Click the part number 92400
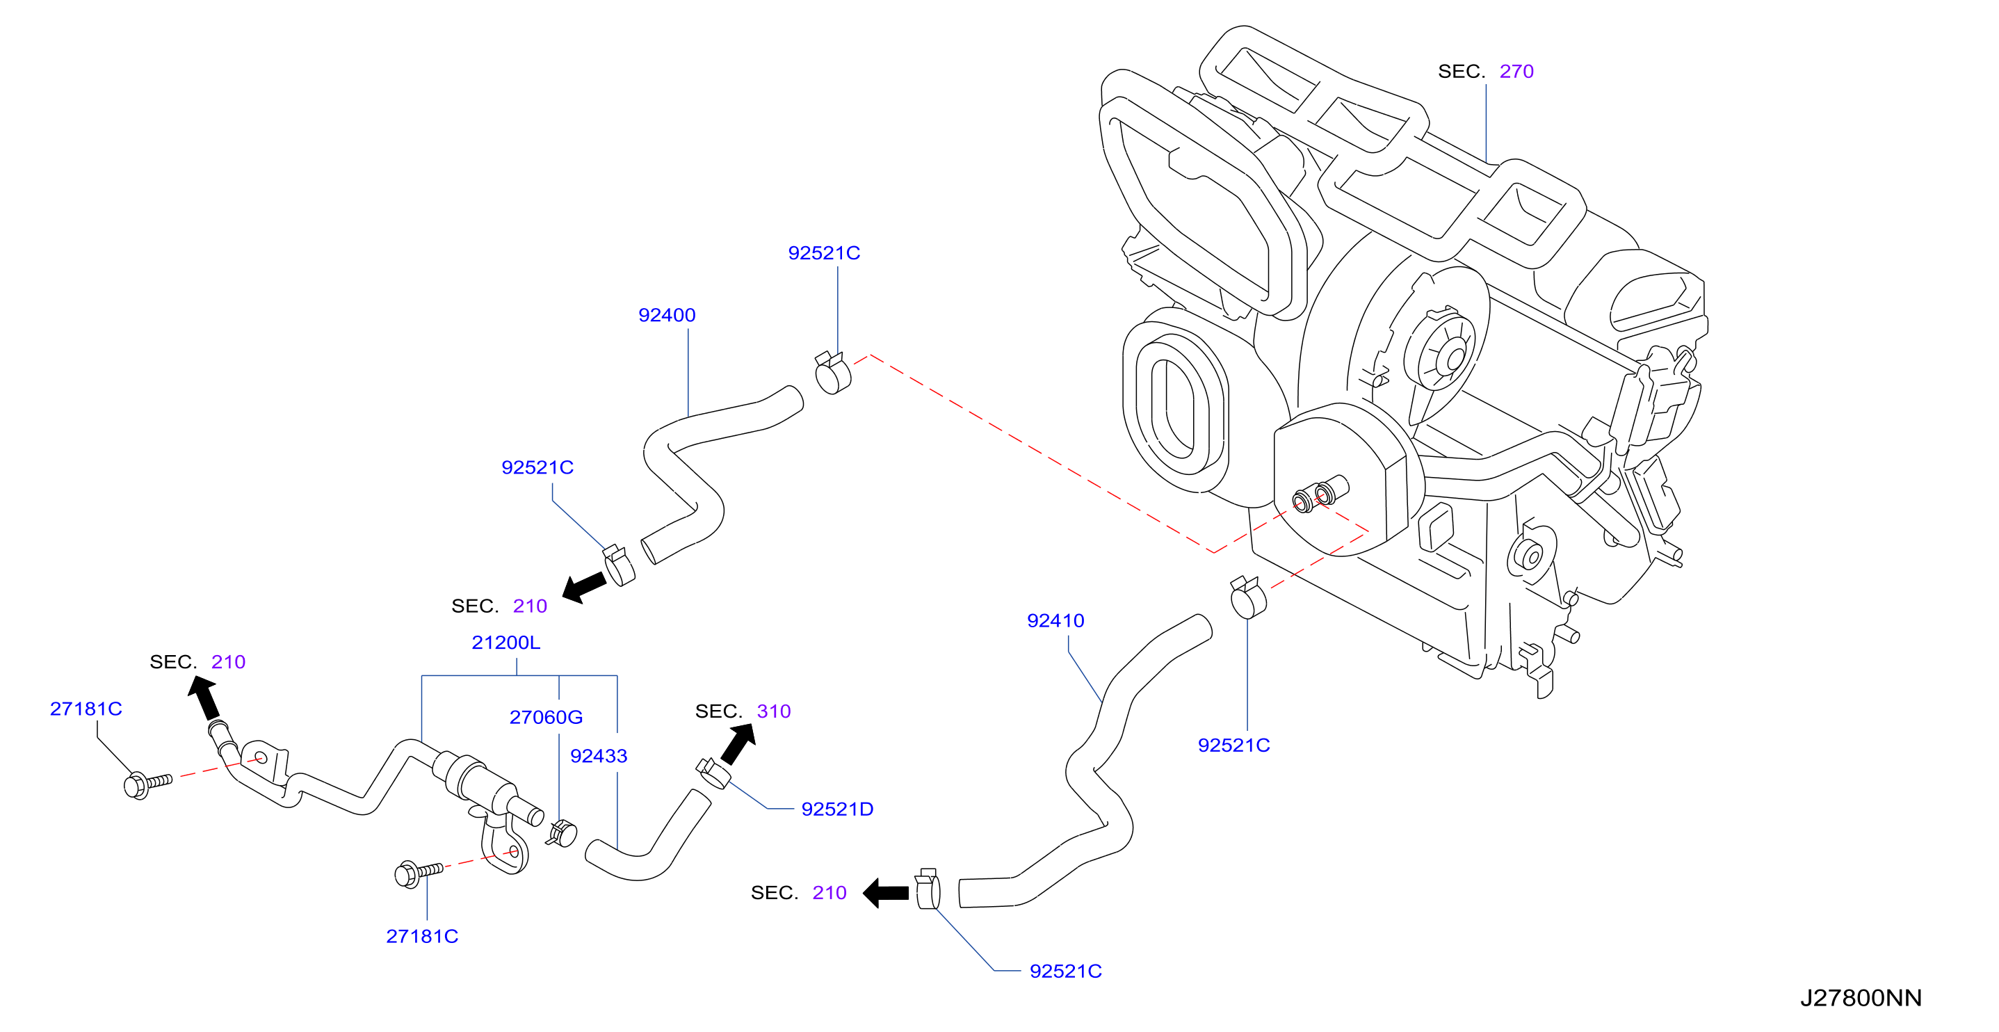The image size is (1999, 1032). click(x=667, y=315)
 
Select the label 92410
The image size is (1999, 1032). click(x=1055, y=621)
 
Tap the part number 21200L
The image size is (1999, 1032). click(x=506, y=643)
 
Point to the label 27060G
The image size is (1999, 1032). click(x=546, y=717)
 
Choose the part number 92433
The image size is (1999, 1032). click(x=598, y=756)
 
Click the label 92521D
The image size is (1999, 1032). click(x=837, y=809)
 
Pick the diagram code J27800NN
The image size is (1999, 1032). click(x=1861, y=998)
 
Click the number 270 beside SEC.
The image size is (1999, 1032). click(x=1516, y=72)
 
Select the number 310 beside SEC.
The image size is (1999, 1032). click(x=774, y=711)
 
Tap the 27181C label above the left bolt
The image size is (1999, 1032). click(x=86, y=709)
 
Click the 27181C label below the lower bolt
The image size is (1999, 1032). click(x=422, y=937)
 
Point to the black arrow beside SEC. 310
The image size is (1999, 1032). click(x=740, y=743)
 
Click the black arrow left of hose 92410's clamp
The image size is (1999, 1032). click(x=885, y=893)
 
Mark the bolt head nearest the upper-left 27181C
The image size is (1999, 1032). click(x=136, y=785)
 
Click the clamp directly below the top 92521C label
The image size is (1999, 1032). click(x=833, y=373)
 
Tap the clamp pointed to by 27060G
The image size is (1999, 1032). click(x=562, y=833)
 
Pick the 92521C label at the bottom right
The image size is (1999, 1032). click(x=1065, y=971)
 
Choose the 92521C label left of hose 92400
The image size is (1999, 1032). click(x=537, y=468)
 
